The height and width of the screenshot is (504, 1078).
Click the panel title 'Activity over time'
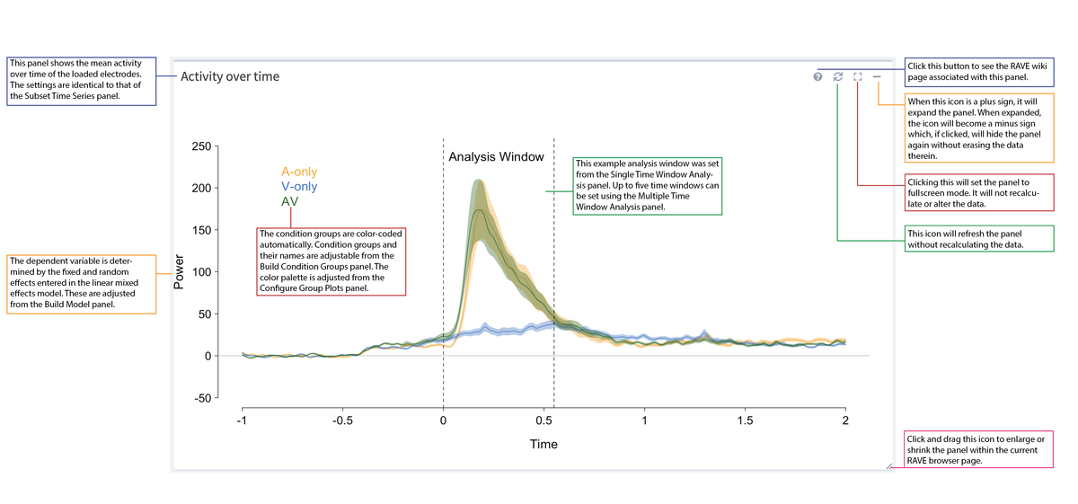(230, 76)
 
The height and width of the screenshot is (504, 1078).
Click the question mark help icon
(817, 77)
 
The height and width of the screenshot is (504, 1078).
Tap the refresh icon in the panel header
(837, 77)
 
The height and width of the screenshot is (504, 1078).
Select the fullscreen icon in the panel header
(857, 77)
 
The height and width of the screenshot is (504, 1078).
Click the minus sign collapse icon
(877, 77)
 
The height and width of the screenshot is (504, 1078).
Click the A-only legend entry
(299, 172)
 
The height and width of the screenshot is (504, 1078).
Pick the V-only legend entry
(299, 187)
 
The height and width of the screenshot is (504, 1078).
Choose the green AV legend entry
(290, 201)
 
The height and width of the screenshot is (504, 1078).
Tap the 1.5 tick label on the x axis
(745, 421)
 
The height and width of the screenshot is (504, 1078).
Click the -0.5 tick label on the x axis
(342, 421)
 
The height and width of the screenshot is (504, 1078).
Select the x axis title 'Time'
(543, 444)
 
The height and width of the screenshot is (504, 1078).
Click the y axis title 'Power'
(178, 272)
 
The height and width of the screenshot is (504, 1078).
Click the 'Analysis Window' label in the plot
(496, 156)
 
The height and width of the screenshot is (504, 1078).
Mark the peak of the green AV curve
(479, 210)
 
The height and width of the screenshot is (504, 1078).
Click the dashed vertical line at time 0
(443, 270)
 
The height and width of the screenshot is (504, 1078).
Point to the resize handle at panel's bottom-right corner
(888, 465)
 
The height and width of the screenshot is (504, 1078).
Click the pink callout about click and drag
(977, 449)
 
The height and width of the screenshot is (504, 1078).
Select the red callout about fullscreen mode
(977, 192)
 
